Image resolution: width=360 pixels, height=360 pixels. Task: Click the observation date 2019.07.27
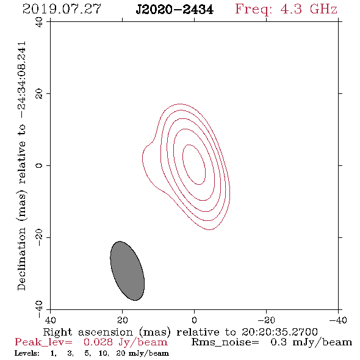point(62,9)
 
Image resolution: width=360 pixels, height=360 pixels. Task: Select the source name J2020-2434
point(175,9)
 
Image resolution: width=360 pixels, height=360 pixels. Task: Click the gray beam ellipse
point(127,271)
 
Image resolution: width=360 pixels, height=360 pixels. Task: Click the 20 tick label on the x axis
point(122,320)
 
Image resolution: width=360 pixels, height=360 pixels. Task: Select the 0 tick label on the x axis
point(194,320)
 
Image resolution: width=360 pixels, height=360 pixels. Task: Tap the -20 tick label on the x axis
point(266,320)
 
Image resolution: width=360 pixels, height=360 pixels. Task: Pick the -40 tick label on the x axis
point(338,320)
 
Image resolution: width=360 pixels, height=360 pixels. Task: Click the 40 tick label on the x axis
point(50,320)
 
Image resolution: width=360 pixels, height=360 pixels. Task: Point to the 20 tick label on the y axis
point(39,94)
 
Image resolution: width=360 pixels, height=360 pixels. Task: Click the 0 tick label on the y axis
point(39,165)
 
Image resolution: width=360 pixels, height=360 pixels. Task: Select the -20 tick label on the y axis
point(39,237)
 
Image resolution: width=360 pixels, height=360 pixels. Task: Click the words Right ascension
point(88,332)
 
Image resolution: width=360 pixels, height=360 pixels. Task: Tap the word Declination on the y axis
point(21,259)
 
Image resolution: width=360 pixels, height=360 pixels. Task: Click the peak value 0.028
point(98,342)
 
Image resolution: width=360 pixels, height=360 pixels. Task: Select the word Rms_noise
point(225,342)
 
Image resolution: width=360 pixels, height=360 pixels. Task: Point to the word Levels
point(27,353)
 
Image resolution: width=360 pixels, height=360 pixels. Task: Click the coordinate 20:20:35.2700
point(279,332)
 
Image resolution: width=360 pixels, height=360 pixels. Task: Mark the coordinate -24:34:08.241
point(21,80)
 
